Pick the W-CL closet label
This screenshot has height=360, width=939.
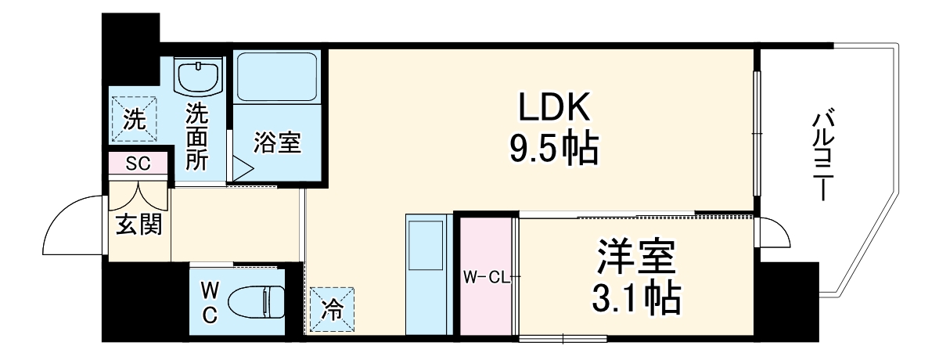coord(486,277)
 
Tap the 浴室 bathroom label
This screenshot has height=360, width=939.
coord(277,143)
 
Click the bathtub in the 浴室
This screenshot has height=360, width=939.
coord(278,77)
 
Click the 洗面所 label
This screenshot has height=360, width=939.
coord(196,138)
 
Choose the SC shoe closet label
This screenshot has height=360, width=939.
coord(138,164)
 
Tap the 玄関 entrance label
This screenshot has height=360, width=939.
coord(139,225)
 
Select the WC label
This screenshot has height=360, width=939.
coord(209,302)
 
